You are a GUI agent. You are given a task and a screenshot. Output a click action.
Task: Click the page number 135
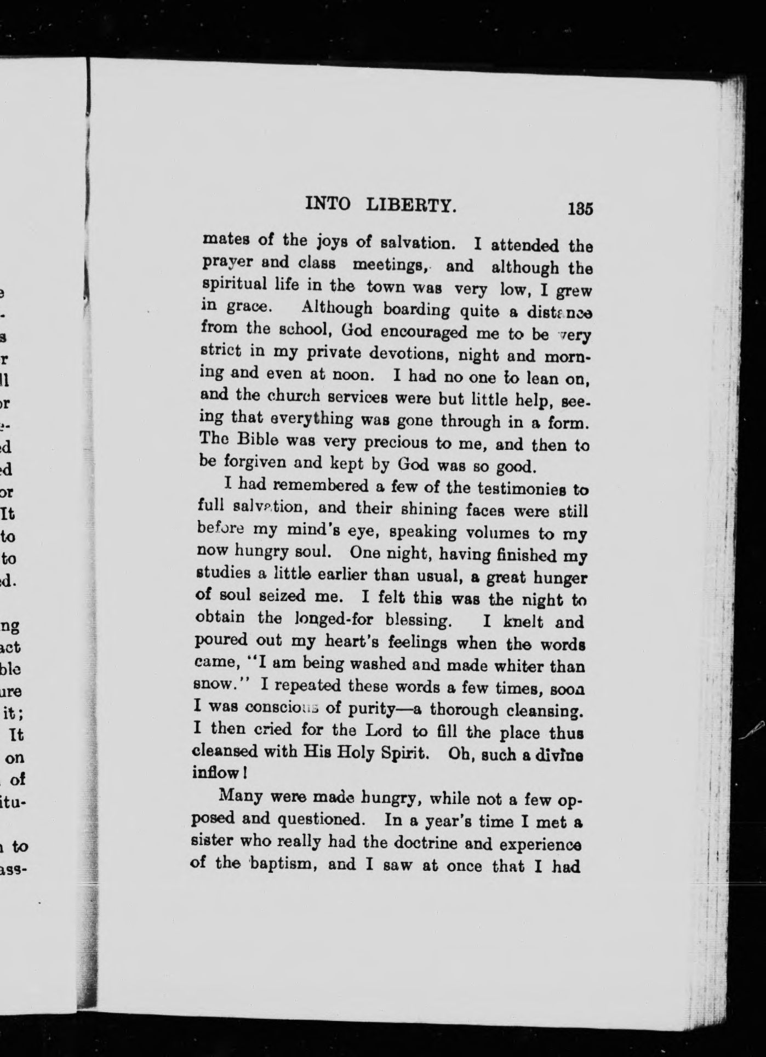581,209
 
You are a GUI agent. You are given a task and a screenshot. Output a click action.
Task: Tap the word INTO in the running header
328,204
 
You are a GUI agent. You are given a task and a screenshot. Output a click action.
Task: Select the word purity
370,708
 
